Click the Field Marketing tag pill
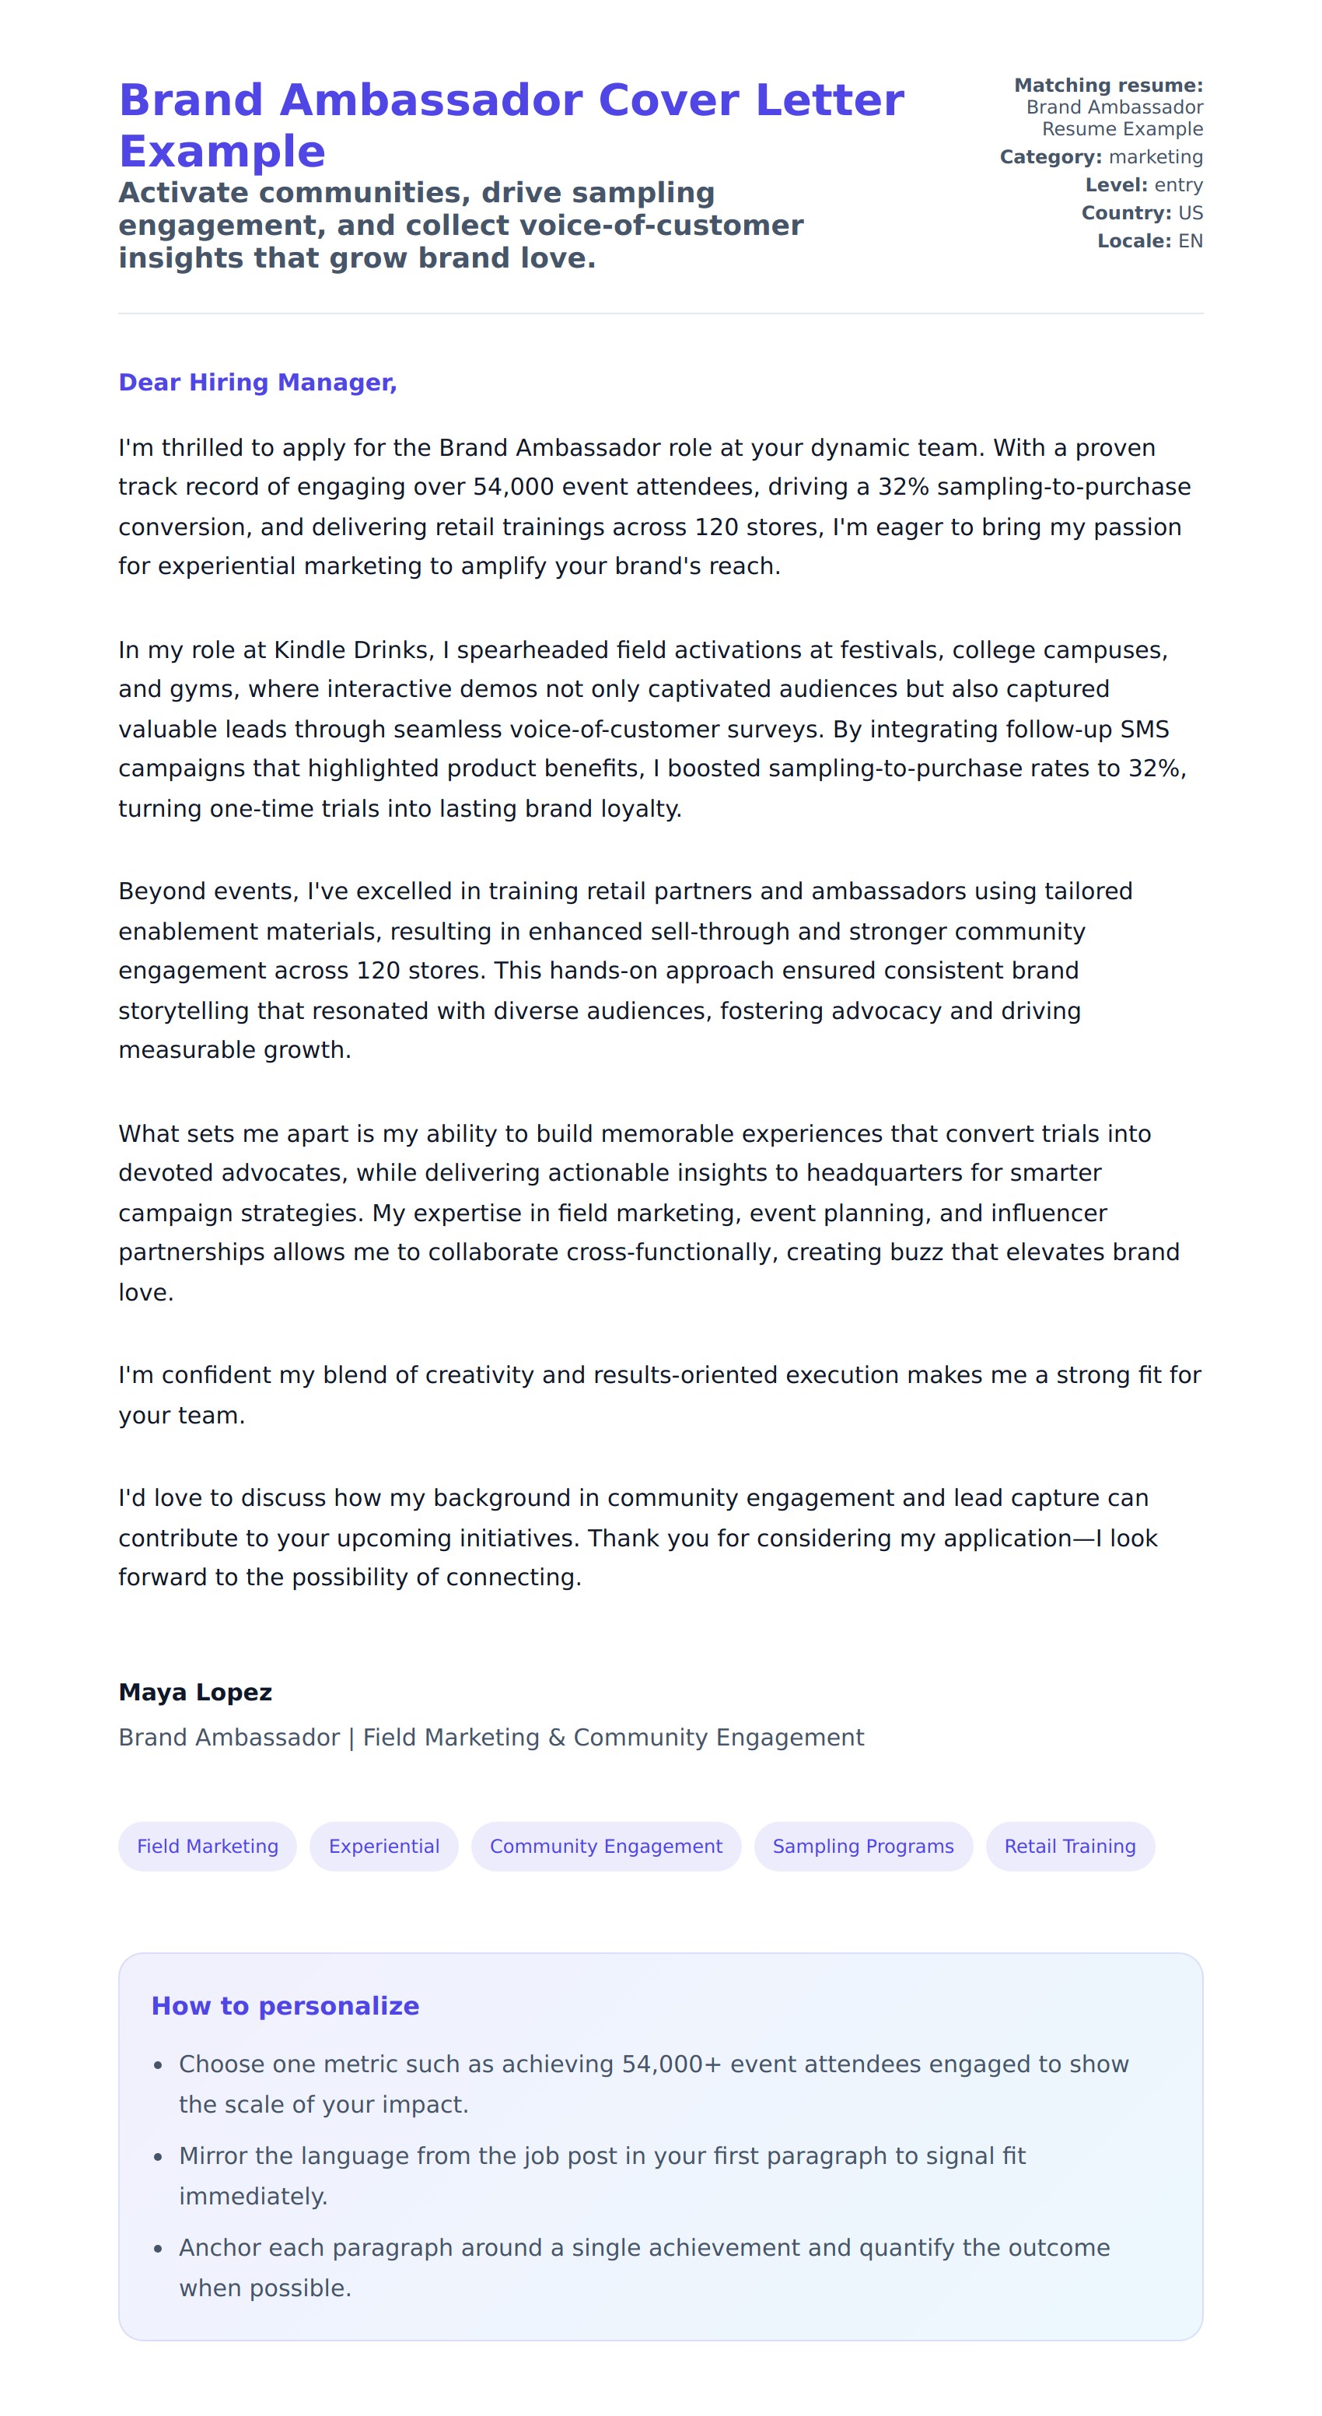207,1847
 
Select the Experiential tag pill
383,1847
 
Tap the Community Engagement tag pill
606,1847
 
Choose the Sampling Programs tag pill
862,1847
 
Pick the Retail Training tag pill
1070,1847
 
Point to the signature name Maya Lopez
195,1693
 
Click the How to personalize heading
285,2006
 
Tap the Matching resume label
1108,86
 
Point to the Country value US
1190,213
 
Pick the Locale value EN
1190,241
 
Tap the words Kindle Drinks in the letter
351,650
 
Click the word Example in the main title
222,152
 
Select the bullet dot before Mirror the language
159,2157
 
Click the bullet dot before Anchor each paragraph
159,2249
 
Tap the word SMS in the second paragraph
1145,730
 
